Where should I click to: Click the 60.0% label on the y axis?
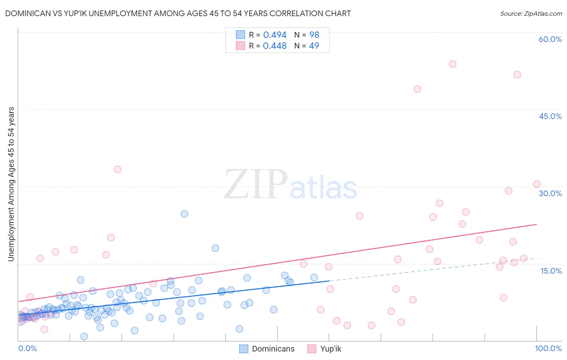pyautogui.click(x=550, y=39)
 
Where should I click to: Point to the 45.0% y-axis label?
pyautogui.click(x=550, y=116)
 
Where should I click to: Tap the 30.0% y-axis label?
pyautogui.click(x=550, y=193)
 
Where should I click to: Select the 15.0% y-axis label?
pyautogui.click(x=551, y=271)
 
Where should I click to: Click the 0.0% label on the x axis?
pyautogui.click(x=27, y=348)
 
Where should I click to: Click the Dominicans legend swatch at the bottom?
pyautogui.click(x=244, y=349)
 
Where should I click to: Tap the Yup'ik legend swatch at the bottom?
pyautogui.click(x=312, y=349)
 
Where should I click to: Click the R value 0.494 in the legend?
pyautogui.click(x=275, y=35)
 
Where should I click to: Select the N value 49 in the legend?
pyautogui.click(x=314, y=46)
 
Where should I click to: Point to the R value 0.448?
pyautogui.click(x=275, y=46)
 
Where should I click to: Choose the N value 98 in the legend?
pyautogui.click(x=314, y=35)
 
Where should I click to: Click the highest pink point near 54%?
pyautogui.click(x=452, y=64)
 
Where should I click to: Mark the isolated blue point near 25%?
pyautogui.click(x=184, y=214)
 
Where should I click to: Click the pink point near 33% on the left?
pyautogui.click(x=117, y=170)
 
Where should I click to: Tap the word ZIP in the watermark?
pyautogui.click(x=256, y=184)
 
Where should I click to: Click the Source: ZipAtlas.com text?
pyautogui.click(x=531, y=13)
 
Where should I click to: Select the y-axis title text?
pyautogui.click(x=11, y=184)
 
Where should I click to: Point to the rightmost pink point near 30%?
pyautogui.click(x=536, y=184)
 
